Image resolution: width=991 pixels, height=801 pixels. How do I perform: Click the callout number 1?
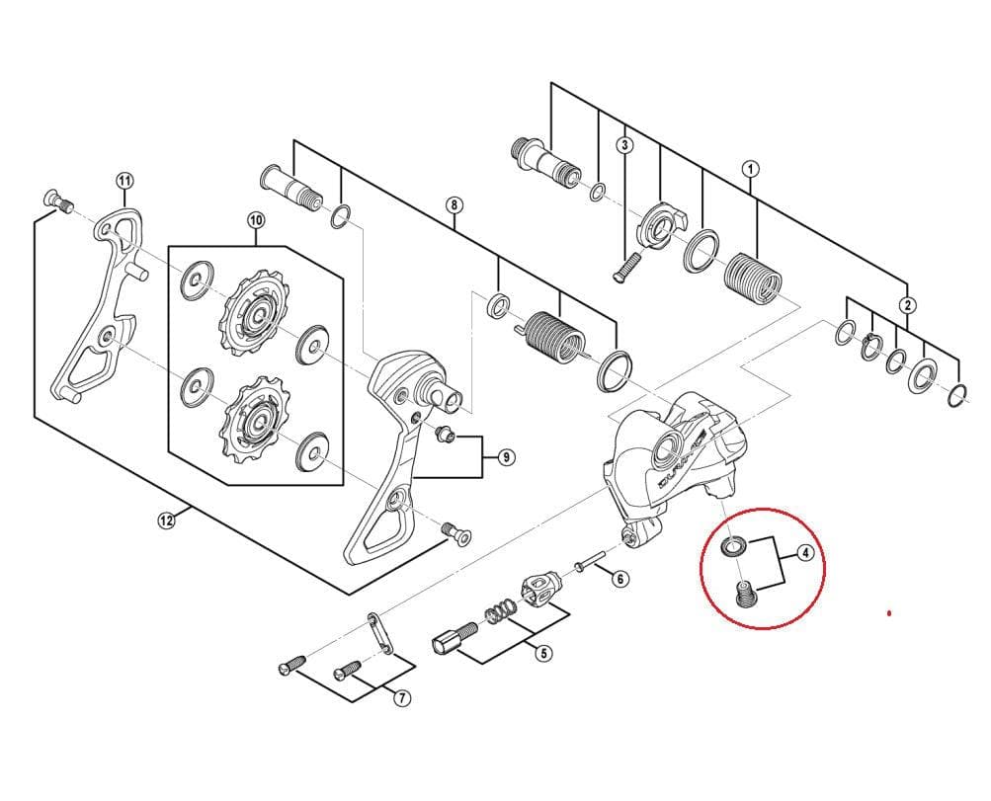751,169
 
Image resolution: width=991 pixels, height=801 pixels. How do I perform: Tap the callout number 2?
908,305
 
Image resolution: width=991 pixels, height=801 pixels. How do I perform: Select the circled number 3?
624,145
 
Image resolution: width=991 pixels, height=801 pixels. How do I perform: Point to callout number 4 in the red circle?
806,553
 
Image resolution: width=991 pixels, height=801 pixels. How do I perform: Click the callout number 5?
543,653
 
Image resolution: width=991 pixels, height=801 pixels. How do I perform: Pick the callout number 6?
619,579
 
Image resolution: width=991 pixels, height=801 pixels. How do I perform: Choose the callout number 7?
402,698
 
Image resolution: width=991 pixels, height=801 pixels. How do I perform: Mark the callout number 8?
454,205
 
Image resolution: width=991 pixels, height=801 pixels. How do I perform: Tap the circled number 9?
506,457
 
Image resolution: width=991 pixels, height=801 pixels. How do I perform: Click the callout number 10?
256,219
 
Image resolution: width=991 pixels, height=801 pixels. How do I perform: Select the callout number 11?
124,181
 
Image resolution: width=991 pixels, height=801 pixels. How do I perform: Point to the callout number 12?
166,520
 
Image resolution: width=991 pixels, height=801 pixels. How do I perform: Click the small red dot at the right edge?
889,613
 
